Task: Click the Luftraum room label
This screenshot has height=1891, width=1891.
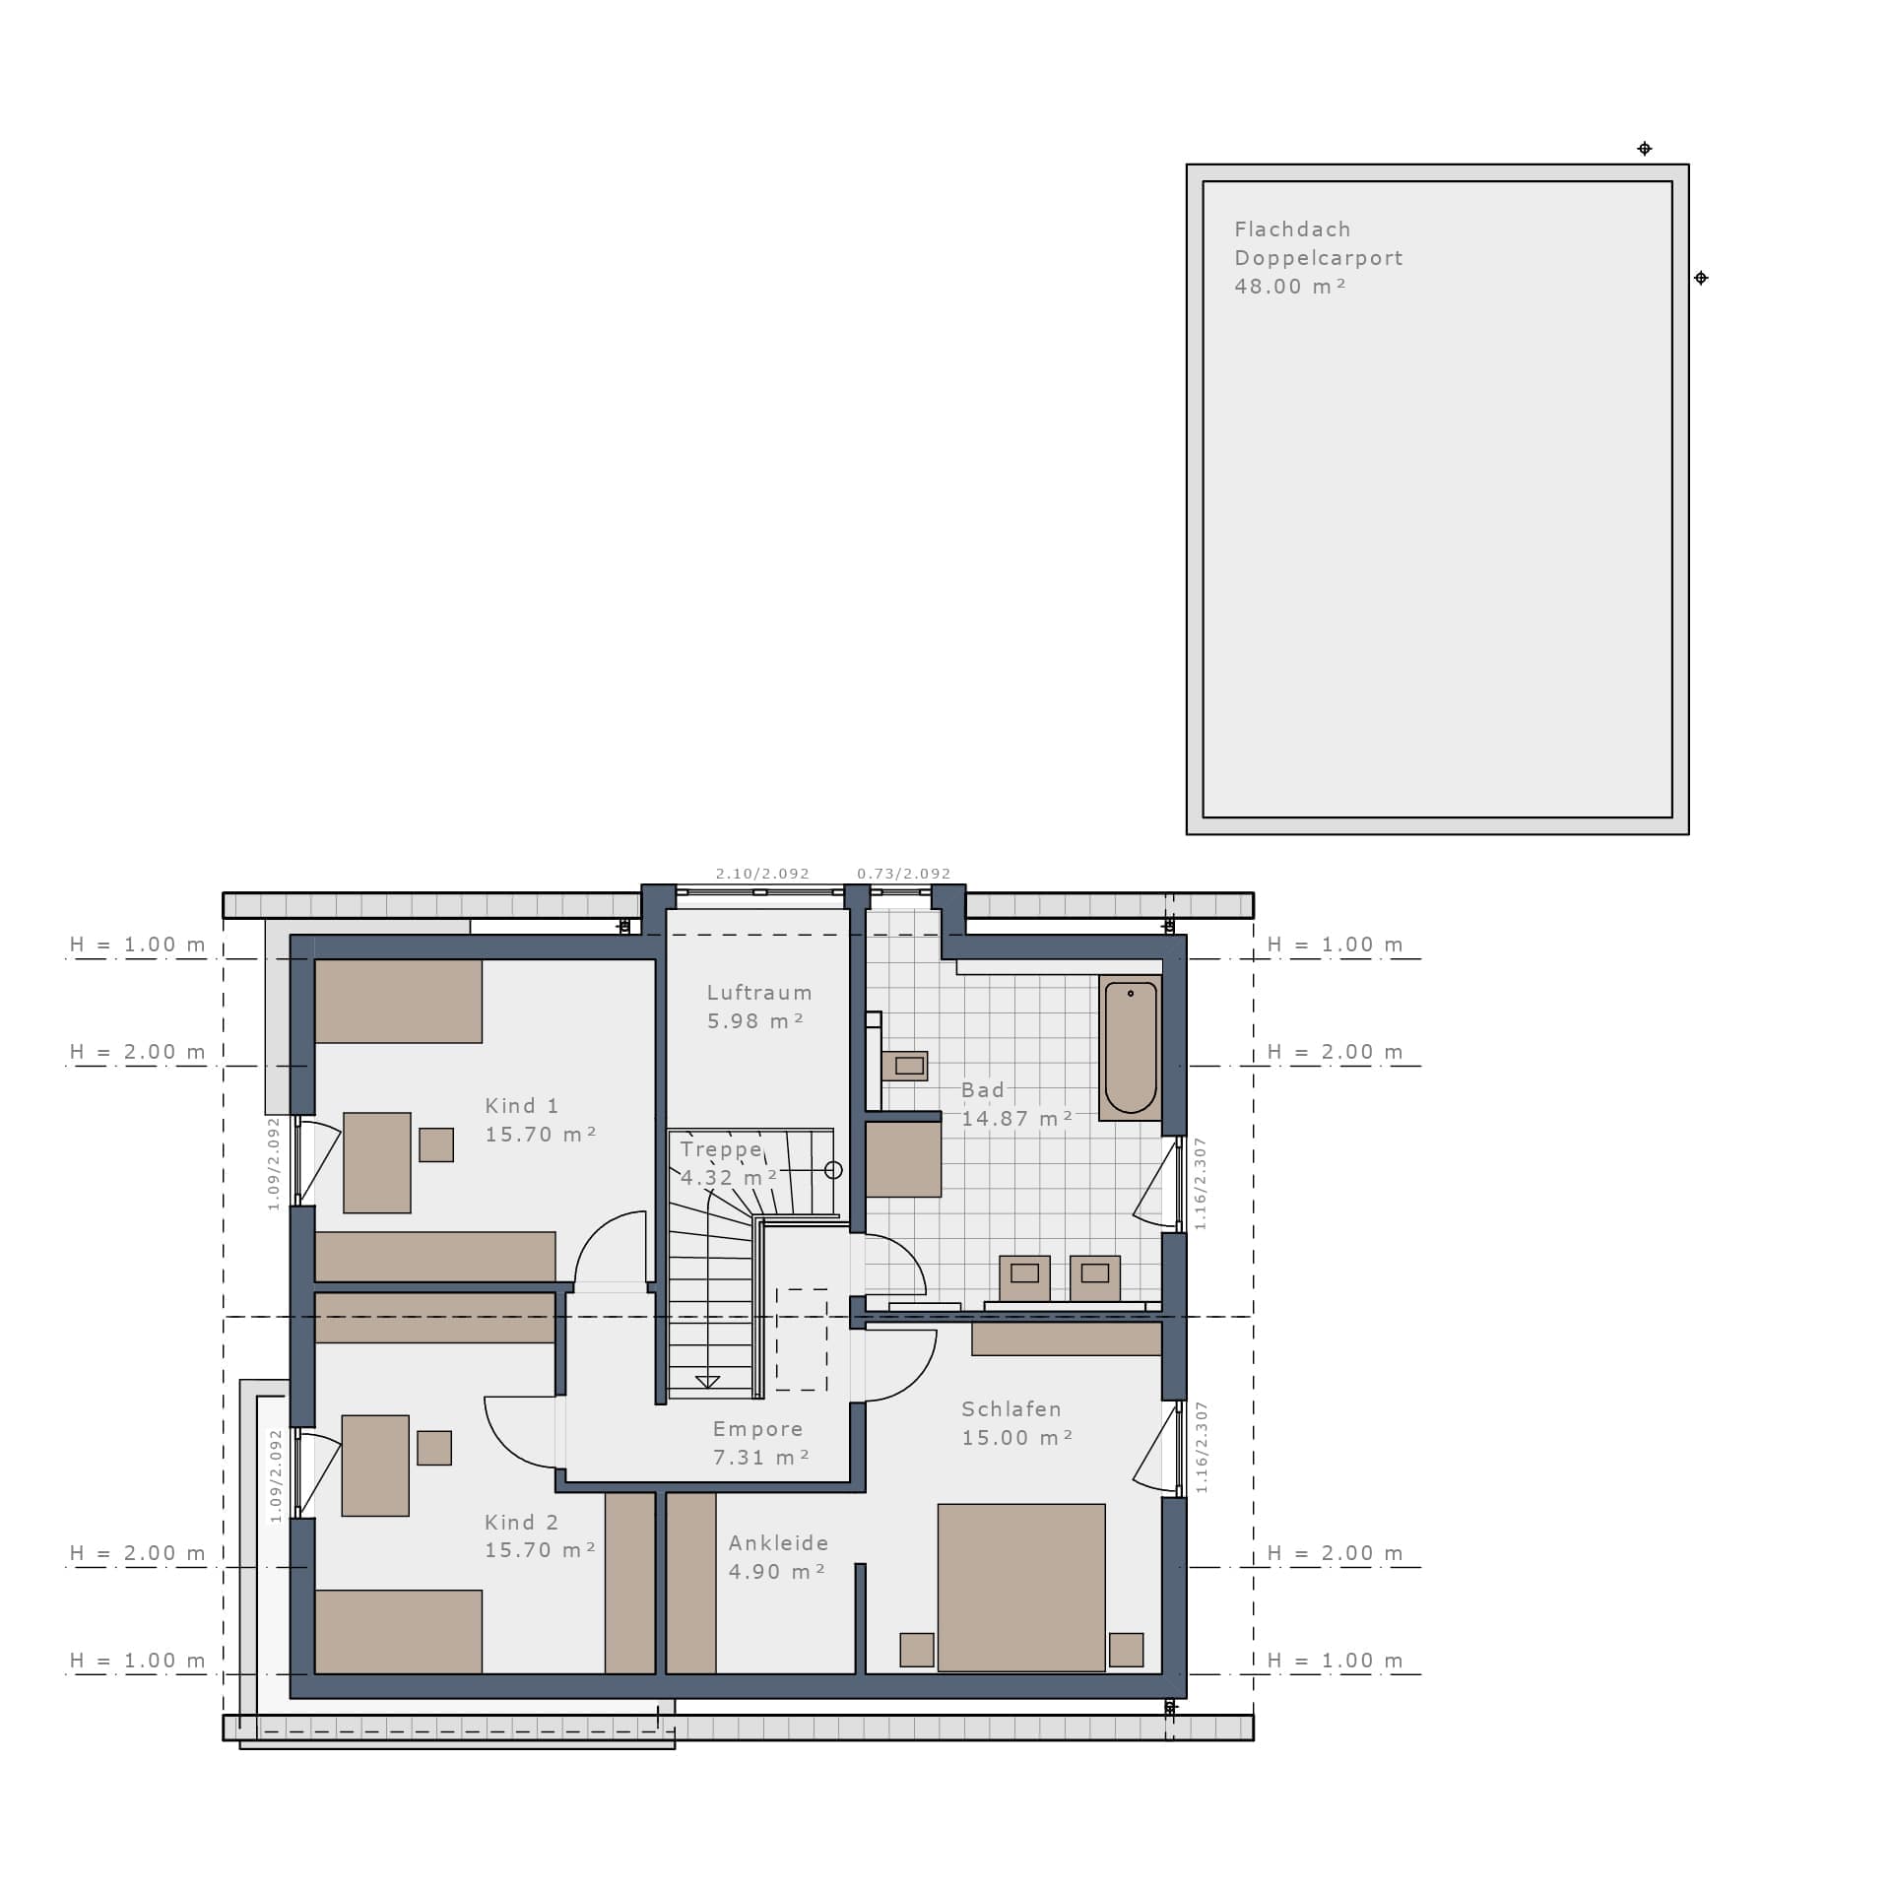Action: point(759,993)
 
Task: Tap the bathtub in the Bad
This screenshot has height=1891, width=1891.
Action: point(1131,1048)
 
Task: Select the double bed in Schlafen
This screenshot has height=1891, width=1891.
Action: point(1021,1588)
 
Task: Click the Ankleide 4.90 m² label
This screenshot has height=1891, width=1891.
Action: point(778,1557)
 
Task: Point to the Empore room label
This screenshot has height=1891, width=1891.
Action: point(758,1429)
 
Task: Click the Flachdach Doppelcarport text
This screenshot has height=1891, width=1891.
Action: point(1319,243)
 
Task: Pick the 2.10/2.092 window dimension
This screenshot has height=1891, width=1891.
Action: point(762,874)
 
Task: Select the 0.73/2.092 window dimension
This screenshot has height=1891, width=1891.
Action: point(904,874)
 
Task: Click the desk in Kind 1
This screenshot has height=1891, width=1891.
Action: point(377,1162)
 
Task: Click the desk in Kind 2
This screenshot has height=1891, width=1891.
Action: point(375,1466)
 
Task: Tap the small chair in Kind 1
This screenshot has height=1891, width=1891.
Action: point(436,1144)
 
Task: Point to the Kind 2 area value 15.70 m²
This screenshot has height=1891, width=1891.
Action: point(541,1550)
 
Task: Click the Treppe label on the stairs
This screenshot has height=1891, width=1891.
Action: point(722,1149)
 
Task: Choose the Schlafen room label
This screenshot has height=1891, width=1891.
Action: point(1011,1409)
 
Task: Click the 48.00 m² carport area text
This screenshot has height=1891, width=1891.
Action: point(1290,287)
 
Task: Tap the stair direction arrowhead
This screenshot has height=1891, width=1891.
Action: point(707,1382)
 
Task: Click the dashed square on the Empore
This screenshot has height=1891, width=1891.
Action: point(802,1339)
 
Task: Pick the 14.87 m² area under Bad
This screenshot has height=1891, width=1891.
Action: point(1017,1119)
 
